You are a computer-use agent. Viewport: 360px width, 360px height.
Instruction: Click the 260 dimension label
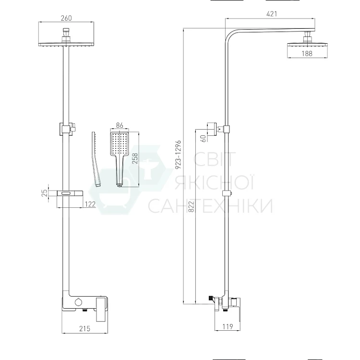coord(66,18)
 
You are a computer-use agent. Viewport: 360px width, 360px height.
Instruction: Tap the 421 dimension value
coord(272,14)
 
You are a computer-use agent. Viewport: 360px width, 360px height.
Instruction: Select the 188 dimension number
coord(307,53)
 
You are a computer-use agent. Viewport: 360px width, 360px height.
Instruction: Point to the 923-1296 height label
coord(178,155)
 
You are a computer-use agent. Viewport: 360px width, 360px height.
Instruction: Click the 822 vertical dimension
coord(191,206)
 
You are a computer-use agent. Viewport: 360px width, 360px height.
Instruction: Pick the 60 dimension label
coord(204,138)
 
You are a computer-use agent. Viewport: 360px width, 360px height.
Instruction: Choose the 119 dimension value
coord(228,326)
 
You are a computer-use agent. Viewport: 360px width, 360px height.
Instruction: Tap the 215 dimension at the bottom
coord(84,329)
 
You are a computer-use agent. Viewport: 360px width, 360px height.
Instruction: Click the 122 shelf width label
coord(90,204)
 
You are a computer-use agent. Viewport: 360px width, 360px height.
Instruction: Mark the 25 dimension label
coord(45,192)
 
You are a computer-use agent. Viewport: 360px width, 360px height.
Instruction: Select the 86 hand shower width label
coord(120,125)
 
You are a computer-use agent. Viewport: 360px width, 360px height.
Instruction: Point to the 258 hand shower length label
coord(135,158)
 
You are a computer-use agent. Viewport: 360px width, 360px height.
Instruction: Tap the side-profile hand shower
coord(96,159)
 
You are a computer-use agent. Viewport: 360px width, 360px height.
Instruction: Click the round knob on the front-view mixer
coord(78,302)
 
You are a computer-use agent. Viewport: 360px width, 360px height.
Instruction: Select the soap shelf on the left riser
coord(70,193)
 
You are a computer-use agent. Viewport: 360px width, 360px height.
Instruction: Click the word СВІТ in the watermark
coord(215,159)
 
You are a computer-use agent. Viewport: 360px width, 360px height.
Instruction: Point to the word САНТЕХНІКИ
coord(210,206)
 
